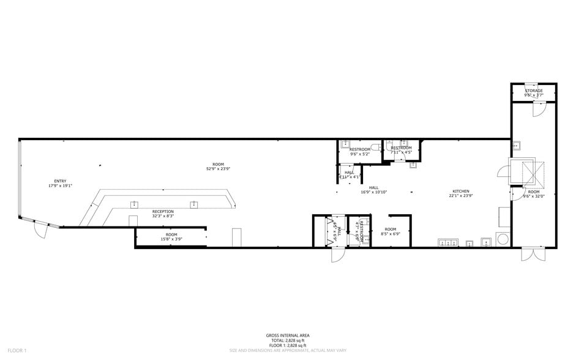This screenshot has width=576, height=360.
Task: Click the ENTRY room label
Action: [x=60, y=181]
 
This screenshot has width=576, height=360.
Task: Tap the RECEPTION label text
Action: [x=163, y=211]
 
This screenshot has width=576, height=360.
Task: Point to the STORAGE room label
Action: [x=533, y=91]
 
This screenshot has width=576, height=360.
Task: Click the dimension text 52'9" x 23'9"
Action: [x=218, y=168]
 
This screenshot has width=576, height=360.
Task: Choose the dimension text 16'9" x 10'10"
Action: [x=373, y=192]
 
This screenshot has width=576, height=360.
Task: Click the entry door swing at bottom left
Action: [x=40, y=231]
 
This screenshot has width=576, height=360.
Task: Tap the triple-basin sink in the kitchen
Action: [x=448, y=243]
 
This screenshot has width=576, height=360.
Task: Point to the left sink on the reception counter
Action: [x=134, y=204]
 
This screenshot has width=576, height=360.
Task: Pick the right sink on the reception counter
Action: [x=194, y=204]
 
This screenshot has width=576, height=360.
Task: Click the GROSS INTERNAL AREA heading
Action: [x=287, y=335]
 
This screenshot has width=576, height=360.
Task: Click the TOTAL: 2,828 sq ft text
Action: [x=287, y=340]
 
